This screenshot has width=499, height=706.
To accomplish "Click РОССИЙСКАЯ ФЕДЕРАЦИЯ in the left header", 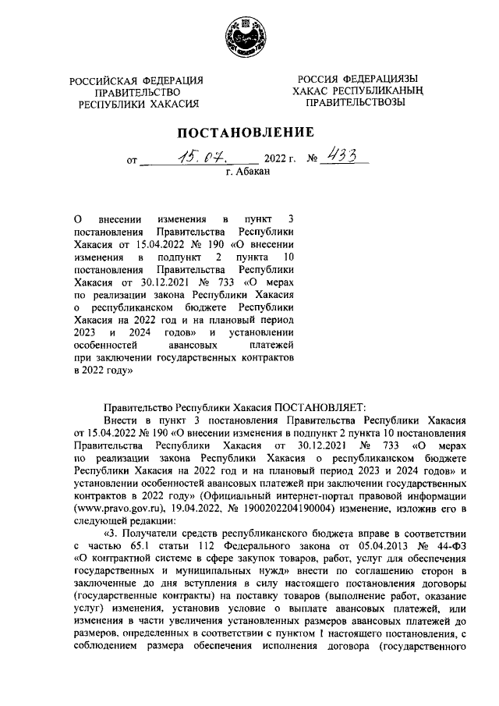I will click(x=136, y=81).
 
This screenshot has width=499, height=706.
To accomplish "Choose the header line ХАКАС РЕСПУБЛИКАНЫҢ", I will click(x=358, y=91).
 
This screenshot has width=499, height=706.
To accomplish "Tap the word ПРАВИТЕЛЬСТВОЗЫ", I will click(x=357, y=102).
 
